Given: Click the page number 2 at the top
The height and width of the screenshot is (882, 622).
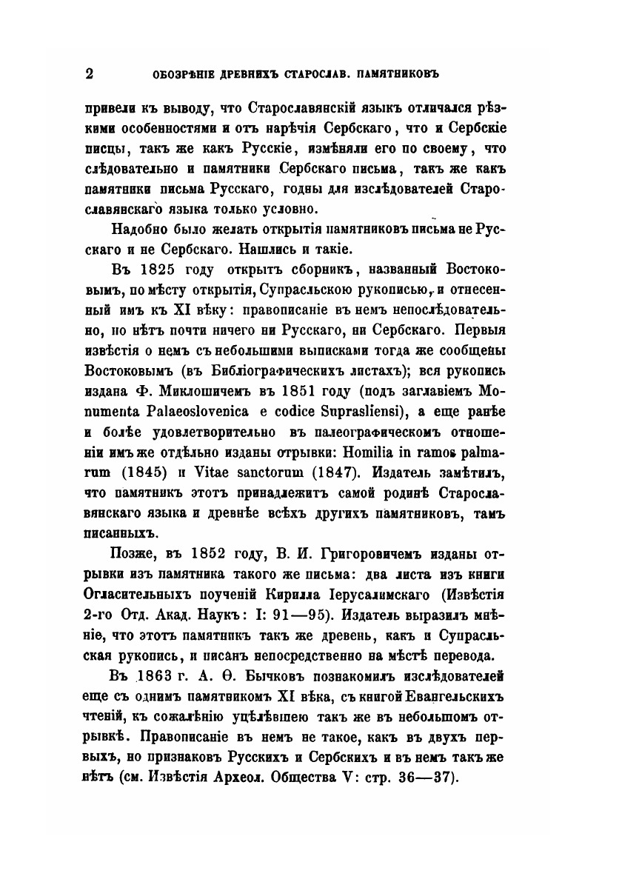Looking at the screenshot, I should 90,73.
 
